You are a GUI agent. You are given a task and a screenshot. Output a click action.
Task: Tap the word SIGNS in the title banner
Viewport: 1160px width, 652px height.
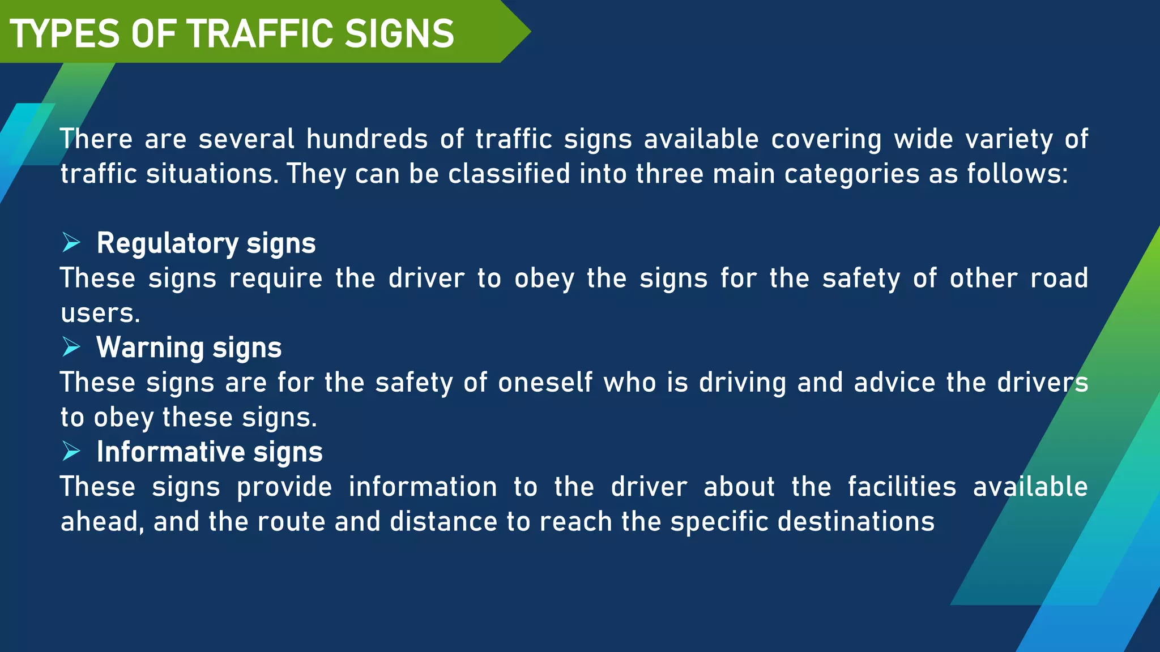[399, 34]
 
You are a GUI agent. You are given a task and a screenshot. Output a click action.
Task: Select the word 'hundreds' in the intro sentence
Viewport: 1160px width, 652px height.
[367, 139]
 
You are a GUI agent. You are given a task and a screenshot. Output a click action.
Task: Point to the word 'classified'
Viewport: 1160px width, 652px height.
[509, 174]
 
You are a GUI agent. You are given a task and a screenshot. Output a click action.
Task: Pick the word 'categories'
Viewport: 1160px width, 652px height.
[852, 174]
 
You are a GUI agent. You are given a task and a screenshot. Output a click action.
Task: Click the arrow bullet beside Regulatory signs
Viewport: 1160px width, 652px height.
[71, 243]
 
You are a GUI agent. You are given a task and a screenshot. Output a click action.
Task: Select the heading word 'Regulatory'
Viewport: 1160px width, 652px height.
[168, 243]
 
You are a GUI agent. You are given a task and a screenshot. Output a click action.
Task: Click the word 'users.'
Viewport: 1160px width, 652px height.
[100, 313]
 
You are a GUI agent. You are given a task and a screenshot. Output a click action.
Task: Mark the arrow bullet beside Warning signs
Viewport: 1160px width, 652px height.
[71, 347]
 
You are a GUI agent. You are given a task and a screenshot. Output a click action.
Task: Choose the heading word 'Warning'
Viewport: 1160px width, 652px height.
[150, 348]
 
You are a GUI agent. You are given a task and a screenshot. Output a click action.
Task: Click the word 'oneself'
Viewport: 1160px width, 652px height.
[545, 383]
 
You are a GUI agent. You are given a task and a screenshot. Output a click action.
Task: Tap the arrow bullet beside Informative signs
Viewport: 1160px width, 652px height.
[71, 451]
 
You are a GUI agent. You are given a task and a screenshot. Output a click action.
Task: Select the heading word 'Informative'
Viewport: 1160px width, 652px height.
[170, 452]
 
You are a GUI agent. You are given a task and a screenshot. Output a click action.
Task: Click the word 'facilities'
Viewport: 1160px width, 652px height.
[902, 487]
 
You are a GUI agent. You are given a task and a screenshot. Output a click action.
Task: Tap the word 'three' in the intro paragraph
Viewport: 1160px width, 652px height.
[669, 174]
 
